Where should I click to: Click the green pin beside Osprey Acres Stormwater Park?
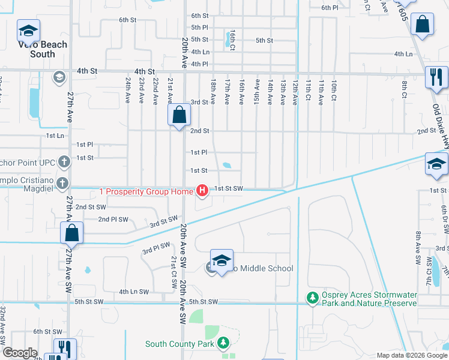[x=312, y=298]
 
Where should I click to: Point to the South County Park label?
[x=180, y=344]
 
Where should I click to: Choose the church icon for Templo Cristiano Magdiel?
[x=62, y=184]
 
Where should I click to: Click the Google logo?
[x=20, y=353]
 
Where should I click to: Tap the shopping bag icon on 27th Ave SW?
[x=71, y=233]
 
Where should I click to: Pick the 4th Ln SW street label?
[x=133, y=292]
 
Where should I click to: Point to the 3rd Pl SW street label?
[x=156, y=248]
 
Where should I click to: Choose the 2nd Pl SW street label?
[x=112, y=219]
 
